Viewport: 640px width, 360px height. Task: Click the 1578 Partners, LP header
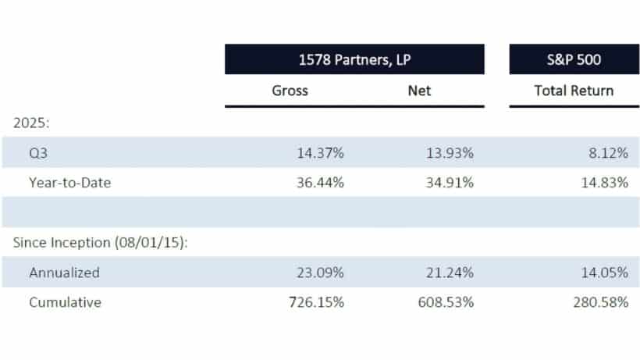click(354, 59)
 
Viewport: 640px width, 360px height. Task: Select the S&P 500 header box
click(574, 59)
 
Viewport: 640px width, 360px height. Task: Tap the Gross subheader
click(290, 91)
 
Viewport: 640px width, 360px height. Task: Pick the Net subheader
click(419, 91)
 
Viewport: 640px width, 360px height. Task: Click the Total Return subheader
click(574, 91)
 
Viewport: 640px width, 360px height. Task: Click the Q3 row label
click(38, 153)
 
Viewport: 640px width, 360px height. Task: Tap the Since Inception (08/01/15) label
click(101, 242)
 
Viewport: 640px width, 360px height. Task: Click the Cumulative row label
click(65, 302)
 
